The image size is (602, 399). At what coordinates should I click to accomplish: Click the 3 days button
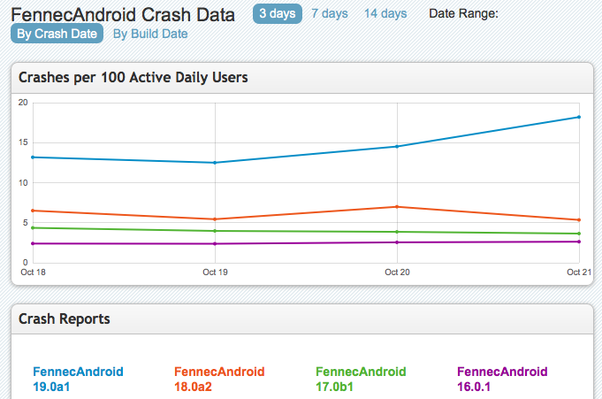pyautogui.click(x=277, y=13)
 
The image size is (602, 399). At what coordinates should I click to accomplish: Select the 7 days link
pyautogui.click(x=329, y=13)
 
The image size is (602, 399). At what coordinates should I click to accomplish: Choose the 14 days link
pyautogui.click(x=385, y=13)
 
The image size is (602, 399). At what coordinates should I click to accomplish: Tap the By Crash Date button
pyautogui.click(x=57, y=34)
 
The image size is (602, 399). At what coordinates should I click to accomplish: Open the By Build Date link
pyautogui.click(x=150, y=34)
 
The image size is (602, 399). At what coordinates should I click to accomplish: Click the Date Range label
pyautogui.click(x=463, y=13)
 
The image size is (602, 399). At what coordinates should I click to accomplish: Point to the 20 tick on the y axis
pyautogui.click(x=24, y=103)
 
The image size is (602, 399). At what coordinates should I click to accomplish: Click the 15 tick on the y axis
pyautogui.click(x=24, y=142)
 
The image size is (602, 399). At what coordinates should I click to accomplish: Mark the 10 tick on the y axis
pyautogui.click(x=24, y=183)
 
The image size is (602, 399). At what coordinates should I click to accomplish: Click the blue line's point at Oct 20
pyautogui.click(x=397, y=146)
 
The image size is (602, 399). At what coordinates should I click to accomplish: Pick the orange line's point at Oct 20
pyautogui.click(x=397, y=206)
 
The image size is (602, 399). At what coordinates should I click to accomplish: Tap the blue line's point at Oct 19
pyautogui.click(x=215, y=162)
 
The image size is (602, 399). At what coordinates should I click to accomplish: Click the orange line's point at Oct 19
pyautogui.click(x=215, y=219)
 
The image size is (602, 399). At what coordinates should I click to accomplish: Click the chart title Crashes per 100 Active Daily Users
pyautogui.click(x=133, y=77)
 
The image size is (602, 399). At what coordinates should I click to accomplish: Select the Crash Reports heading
pyautogui.click(x=65, y=318)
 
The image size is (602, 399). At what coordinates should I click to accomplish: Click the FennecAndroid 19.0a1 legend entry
pyautogui.click(x=78, y=379)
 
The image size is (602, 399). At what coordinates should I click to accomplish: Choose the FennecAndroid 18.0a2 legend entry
pyautogui.click(x=219, y=379)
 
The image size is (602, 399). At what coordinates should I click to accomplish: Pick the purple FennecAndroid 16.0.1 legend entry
pyautogui.click(x=502, y=379)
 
